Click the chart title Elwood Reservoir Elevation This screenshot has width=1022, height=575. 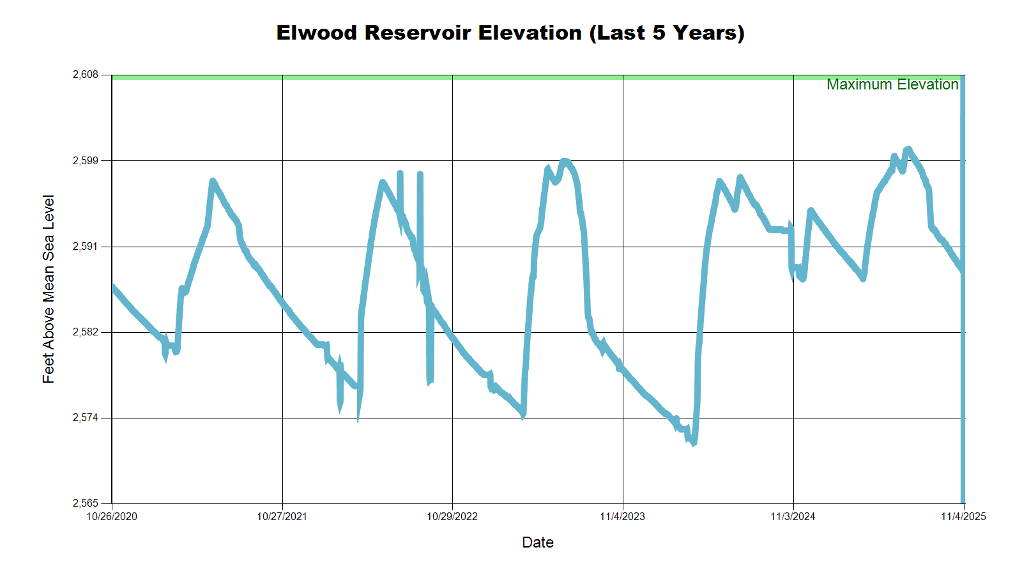510,33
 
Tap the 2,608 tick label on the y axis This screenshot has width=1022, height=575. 86,75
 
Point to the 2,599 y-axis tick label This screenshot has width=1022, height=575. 86,160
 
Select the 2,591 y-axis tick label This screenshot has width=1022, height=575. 86,247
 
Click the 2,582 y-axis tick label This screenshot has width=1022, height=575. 86,332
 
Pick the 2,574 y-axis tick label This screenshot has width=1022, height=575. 86,418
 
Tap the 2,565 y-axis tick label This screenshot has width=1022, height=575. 86,503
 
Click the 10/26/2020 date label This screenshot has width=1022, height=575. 112,517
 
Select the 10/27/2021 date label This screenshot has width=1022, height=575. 282,517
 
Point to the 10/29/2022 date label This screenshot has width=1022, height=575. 452,517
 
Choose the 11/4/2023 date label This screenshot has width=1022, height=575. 622,517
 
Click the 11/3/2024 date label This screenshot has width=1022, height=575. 793,517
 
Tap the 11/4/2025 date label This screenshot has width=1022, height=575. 963,517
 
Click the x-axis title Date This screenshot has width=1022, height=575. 538,542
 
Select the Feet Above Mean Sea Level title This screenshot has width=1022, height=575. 49,289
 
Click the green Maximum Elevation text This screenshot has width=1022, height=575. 892,84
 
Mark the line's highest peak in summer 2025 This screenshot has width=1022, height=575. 908,149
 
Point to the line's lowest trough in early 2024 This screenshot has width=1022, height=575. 693,442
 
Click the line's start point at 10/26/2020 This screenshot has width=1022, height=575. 113,287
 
